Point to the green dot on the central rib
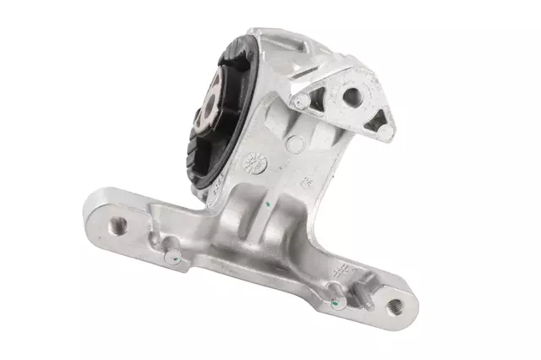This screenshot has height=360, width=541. pos(266,203)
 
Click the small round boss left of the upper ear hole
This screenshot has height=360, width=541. pos(299,102)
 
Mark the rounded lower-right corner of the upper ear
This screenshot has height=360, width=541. pos(386,134)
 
